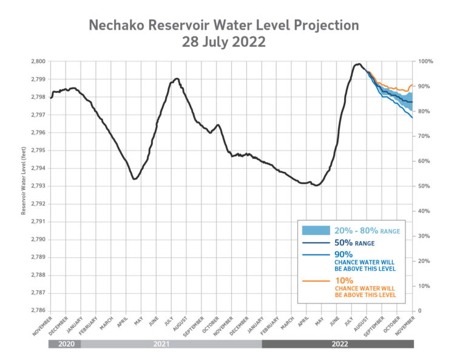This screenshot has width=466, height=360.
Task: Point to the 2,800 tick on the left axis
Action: pyautogui.click(x=38, y=61)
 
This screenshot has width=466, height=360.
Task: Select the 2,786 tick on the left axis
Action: pyautogui.click(x=38, y=311)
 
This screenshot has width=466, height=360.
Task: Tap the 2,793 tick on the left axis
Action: pyautogui.click(x=38, y=186)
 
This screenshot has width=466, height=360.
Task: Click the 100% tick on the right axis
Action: pyautogui.click(x=425, y=61)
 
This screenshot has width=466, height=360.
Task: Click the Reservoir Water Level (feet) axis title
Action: pyautogui.click(x=24, y=186)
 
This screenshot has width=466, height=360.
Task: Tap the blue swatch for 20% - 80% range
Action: pyautogui.click(x=316, y=231)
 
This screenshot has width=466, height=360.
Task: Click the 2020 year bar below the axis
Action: pyautogui.click(x=64, y=344)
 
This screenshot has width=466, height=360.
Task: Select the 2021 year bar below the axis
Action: pyautogui.click(x=171, y=344)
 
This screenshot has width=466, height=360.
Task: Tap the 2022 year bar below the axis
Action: pyautogui.click(x=338, y=344)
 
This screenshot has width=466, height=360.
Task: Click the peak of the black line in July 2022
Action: pyautogui.click(x=359, y=64)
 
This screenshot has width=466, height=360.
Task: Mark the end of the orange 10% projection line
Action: pyautogui.click(x=413, y=85)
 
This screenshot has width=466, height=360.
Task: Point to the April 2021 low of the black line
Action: pyautogui.click(x=134, y=178)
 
